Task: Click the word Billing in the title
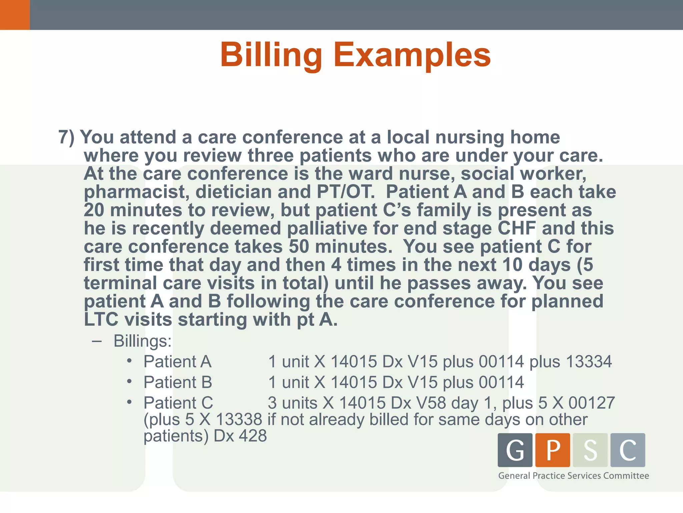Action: click(x=271, y=55)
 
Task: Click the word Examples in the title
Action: click(x=412, y=55)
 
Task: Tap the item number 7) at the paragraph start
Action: click(x=66, y=137)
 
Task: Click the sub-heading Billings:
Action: click(x=142, y=341)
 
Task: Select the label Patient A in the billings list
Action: click(x=177, y=362)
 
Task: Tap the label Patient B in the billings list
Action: click(x=178, y=382)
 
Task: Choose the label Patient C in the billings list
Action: click(x=178, y=403)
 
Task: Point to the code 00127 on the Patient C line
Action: click(x=591, y=403)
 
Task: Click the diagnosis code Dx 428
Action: click(x=240, y=436)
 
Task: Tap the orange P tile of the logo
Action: click(x=553, y=450)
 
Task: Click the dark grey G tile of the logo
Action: click(x=515, y=450)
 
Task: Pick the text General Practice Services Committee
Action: click(x=573, y=476)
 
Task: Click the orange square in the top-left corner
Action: click(x=15, y=15)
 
